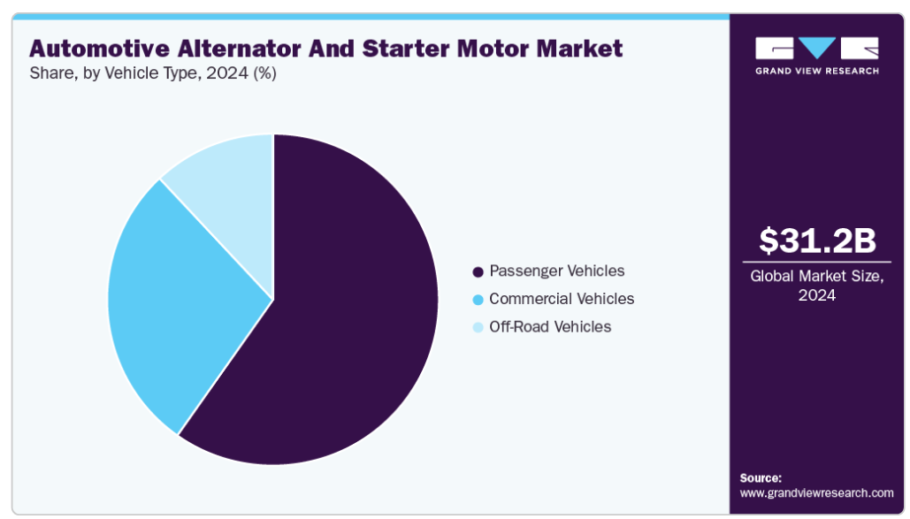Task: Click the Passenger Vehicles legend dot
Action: [478, 271]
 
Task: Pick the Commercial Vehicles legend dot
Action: [478, 300]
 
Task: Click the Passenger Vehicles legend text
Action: [556, 271]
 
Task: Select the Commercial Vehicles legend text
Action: [562, 299]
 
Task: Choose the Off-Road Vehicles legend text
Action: [549, 327]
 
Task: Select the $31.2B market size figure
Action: [816, 240]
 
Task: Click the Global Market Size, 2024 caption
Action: [816, 286]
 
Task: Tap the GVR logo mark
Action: [816, 48]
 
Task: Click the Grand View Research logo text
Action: [816, 71]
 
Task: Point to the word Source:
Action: [761, 477]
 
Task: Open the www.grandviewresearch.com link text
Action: [816, 492]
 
